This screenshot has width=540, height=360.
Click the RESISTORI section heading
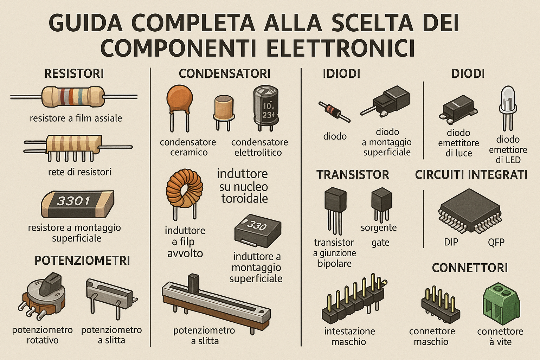tap(74, 74)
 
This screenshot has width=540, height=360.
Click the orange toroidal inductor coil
tap(184, 188)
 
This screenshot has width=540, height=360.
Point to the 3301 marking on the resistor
tap(74, 201)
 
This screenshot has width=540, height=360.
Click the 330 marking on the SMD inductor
tap(257, 225)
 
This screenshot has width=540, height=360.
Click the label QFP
tap(496, 242)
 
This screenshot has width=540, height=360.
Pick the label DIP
tap(451, 242)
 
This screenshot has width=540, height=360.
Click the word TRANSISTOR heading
tap(353, 175)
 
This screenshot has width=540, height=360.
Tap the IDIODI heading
tap(341, 74)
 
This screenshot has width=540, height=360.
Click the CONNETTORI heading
tap(470, 268)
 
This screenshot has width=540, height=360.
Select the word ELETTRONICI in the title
tap(340, 48)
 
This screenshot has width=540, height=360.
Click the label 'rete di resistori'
tap(79, 172)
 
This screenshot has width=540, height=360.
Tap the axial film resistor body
tap(73, 97)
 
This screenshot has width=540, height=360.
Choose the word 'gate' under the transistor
tap(380, 243)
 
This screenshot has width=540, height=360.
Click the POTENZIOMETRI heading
tap(82, 261)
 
